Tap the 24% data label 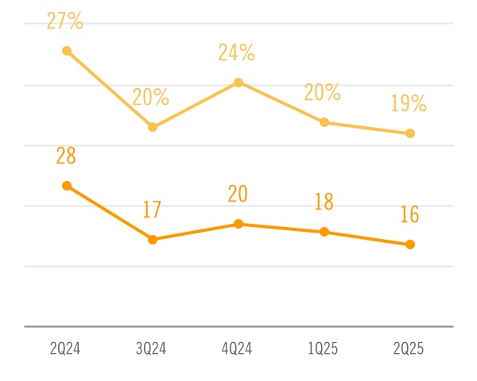[x=237, y=53]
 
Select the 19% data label [x=409, y=104]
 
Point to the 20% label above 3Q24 [x=151, y=97]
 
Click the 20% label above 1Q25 [x=323, y=93]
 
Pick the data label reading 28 [x=66, y=156]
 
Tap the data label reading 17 [x=152, y=210]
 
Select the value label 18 [x=323, y=202]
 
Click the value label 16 [x=409, y=215]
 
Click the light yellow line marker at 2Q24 [x=67, y=51]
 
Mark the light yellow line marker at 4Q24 [x=238, y=83]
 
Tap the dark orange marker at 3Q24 [x=153, y=239]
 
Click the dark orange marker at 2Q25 [x=410, y=244]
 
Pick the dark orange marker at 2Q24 [x=67, y=186]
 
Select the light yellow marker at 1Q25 [x=324, y=122]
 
